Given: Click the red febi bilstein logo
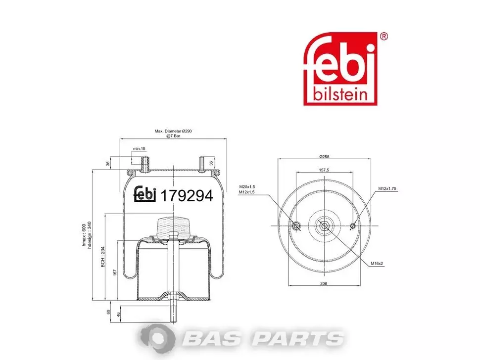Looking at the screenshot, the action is (x=340, y=69).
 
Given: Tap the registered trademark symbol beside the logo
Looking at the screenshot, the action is (x=384, y=37).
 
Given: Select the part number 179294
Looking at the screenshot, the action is (x=187, y=196).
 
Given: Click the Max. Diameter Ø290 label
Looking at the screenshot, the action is (x=173, y=131).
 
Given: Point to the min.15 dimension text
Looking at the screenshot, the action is (x=139, y=149).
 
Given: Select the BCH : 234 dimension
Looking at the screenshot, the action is (x=103, y=257).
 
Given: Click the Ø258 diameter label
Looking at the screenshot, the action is (x=324, y=157).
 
